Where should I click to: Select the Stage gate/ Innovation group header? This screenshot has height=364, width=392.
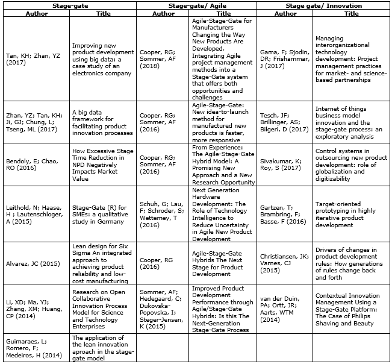tap(323, 5)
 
